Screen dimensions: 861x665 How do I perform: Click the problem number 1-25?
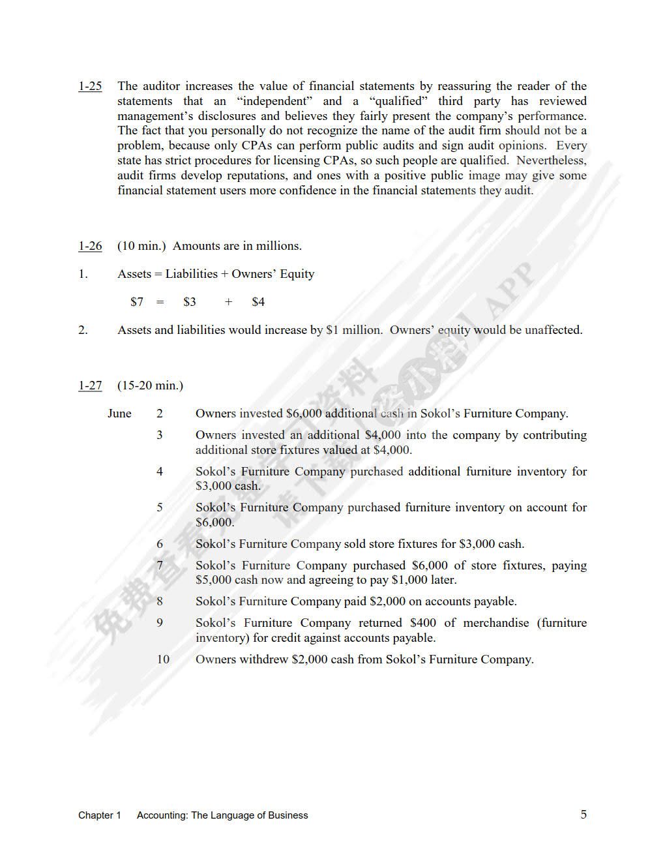coord(90,86)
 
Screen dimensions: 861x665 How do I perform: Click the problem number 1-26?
coord(90,246)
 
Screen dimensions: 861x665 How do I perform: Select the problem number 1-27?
coord(90,385)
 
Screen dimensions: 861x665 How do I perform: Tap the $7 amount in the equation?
coord(137,302)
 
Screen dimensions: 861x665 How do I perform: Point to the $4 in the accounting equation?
coord(258,302)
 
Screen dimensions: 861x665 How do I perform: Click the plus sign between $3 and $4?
coord(228,302)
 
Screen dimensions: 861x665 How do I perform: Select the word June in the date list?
coord(119,414)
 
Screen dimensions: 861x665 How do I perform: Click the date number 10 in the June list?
coord(162,659)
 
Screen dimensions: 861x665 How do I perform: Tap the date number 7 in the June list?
coord(160,566)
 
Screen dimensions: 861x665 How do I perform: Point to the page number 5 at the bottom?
coord(584,814)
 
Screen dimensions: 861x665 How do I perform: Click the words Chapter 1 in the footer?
coord(100,815)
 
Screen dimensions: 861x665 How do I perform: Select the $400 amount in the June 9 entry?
coord(423,623)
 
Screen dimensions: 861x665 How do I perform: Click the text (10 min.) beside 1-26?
coord(141,246)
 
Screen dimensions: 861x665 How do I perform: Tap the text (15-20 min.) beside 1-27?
coord(150,385)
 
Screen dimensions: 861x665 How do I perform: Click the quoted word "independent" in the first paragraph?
coord(272,101)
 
